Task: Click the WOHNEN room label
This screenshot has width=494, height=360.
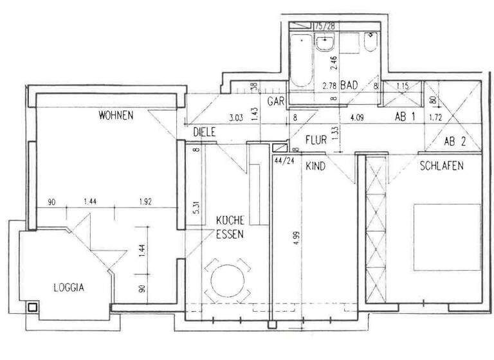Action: click(116, 116)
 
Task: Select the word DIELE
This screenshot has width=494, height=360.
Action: click(203, 132)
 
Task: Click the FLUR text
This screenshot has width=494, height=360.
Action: click(317, 139)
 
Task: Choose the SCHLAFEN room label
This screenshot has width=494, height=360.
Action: click(442, 166)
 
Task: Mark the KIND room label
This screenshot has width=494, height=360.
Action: click(315, 166)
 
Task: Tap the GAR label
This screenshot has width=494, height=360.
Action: click(276, 102)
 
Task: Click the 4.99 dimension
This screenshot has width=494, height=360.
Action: click(296, 231)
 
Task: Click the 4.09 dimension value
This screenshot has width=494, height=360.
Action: click(358, 118)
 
